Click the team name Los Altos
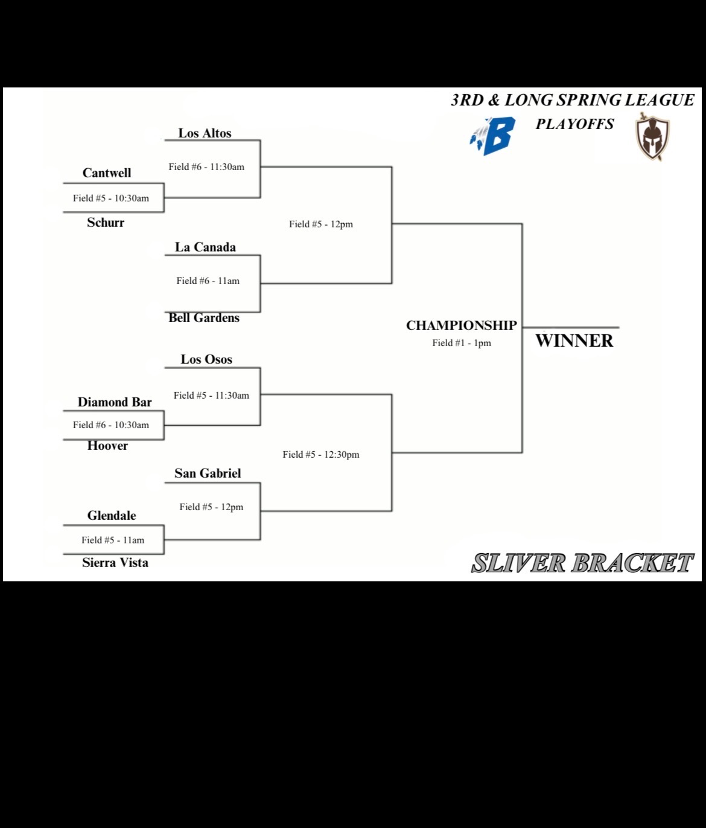point(205,133)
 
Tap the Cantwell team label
point(107,173)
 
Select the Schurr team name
point(106,223)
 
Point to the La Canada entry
point(205,247)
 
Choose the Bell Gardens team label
point(204,318)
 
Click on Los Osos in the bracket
point(206,359)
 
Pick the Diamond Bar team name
point(115,402)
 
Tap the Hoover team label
point(107,446)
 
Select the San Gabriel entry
point(208,473)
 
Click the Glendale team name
point(112,516)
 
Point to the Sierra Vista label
point(115,563)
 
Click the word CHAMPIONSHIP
point(462,326)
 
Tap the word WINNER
point(574,341)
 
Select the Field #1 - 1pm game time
point(462,343)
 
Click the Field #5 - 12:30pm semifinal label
point(321,455)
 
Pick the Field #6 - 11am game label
point(208,281)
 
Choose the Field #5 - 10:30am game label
point(111,198)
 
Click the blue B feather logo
point(494,136)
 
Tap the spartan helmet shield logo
point(653,137)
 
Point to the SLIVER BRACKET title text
point(582,563)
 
